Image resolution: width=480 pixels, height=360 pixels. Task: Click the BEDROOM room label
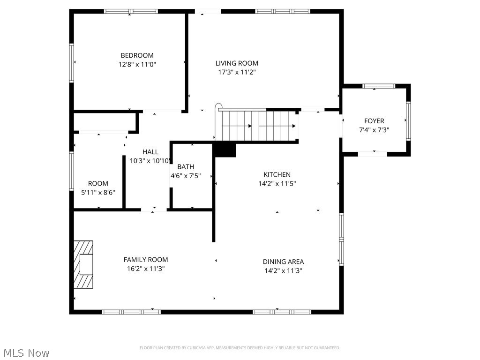(x=137, y=55)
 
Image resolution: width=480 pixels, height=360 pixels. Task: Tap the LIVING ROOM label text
(x=237, y=63)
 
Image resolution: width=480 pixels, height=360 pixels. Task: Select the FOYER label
(x=374, y=121)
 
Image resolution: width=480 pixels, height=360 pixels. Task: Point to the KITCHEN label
(x=277, y=175)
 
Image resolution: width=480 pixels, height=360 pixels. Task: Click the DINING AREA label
(x=283, y=262)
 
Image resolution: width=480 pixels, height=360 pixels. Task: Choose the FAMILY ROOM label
(x=145, y=260)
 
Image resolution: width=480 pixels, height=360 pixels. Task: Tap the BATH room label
(x=186, y=167)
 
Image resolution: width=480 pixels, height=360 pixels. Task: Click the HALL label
(x=150, y=152)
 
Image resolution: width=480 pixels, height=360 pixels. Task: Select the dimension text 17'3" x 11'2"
(x=237, y=72)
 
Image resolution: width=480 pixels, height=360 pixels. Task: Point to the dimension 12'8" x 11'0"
(x=137, y=64)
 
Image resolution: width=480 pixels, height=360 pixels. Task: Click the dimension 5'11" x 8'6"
(x=98, y=192)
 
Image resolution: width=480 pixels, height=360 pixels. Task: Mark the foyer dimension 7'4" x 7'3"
(x=374, y=130)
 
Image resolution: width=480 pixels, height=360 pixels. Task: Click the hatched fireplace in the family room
(x=83, y=264)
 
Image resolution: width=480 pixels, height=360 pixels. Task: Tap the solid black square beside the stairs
(x=225, y=150)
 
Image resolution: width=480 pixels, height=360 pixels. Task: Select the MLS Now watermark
(x=26, y=352)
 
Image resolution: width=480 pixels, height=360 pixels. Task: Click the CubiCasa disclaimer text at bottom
(x=240, y=348)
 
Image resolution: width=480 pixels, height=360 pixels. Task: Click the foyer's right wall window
(x=408, y=121)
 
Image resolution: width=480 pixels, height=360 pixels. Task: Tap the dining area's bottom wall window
(x=281, y=312)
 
